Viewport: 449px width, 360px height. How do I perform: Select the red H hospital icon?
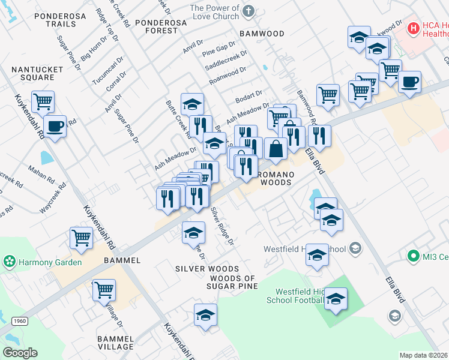click(413, 28)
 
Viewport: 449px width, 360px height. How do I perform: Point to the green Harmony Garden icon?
click(8, 262)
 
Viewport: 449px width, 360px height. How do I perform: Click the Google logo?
click(20, 353)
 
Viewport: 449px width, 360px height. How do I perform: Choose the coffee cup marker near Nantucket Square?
click(55, 127)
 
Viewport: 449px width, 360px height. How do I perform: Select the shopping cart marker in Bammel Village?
click(104, 290)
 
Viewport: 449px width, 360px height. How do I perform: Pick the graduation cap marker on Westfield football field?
click(336, 298)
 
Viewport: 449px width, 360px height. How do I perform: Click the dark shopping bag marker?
click(276, 149)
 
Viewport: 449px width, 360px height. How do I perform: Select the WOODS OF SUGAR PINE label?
click(234, 282)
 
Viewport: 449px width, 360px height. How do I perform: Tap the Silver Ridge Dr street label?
click(221, 226)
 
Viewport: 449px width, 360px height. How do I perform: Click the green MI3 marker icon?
click(412, 257)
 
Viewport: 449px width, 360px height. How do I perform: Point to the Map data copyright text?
click(423, 355)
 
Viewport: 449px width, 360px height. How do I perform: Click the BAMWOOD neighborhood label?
click(262, 34)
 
